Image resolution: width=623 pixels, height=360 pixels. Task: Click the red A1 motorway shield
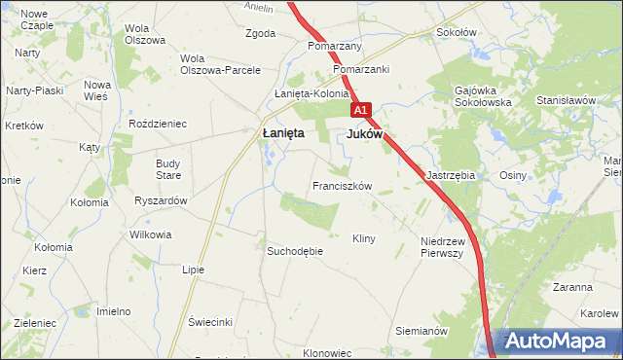click(x=360, y=111)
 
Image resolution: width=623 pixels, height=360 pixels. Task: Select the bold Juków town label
click(x=364, y=134)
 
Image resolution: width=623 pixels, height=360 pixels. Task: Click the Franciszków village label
click(x=342, y=185)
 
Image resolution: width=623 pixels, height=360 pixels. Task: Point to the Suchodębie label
click(x=295, y=251)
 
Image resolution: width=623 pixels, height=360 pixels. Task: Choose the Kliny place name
click(x=364, y=238)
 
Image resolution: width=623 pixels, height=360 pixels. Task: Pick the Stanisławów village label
click(x=566, y=100)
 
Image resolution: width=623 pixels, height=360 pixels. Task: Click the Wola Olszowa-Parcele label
click(x=220, y=64)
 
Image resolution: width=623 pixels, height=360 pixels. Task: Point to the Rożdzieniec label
click(x=158, y=125)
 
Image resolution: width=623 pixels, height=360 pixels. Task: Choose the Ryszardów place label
click(x=161, y=199)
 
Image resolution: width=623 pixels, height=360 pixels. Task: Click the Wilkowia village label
click(x=150, y=234)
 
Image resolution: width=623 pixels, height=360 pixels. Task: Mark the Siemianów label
click(x=421, y=331)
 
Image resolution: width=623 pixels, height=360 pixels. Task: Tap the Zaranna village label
click(x=572, y=287)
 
